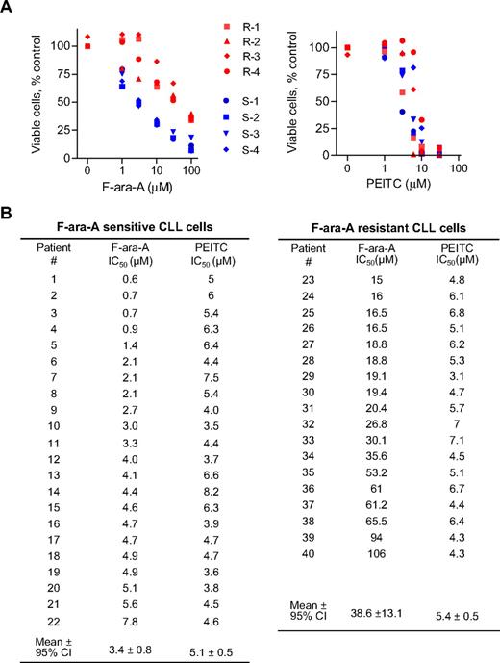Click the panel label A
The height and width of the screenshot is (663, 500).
(8, 8)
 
